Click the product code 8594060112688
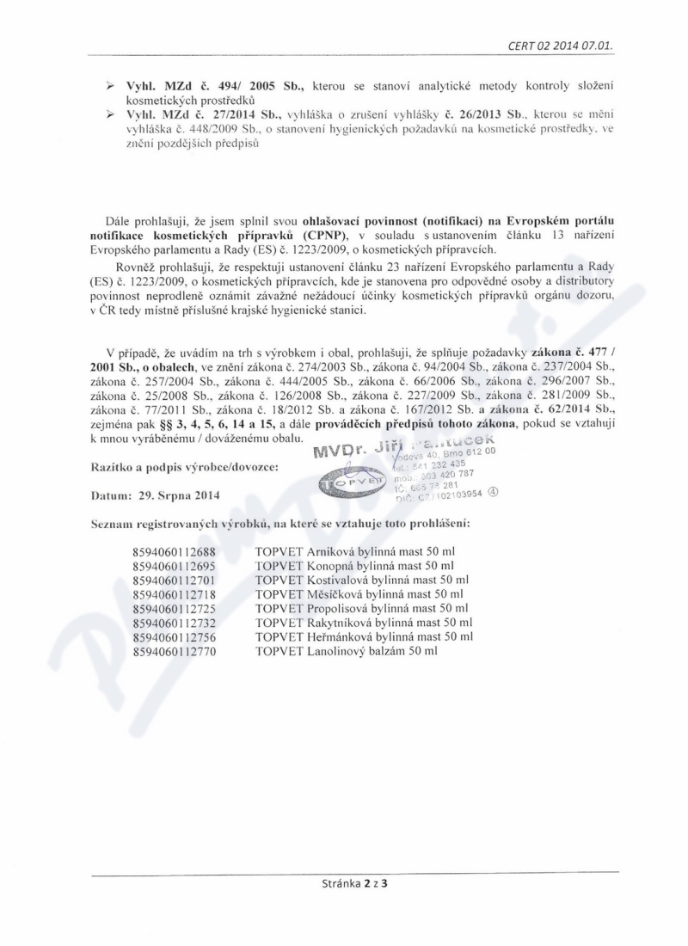pos(174,553)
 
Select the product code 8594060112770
pos(174,652)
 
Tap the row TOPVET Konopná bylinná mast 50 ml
pos(354,567)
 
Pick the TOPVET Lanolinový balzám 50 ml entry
pos(347,652)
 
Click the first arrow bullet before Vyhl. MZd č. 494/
pos(109,89)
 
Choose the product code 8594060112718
pos(174,595)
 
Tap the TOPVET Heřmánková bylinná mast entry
pos(364,637)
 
